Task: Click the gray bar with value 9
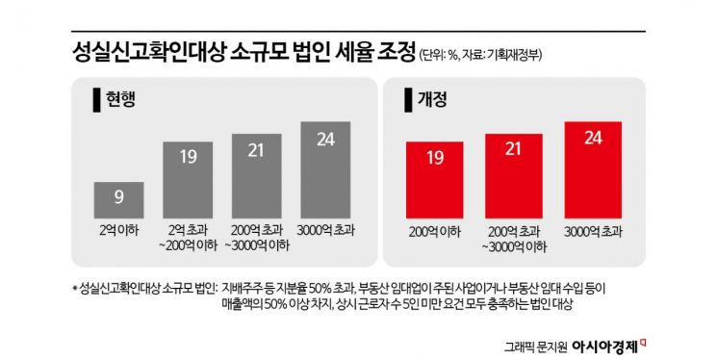(x=118, y=199)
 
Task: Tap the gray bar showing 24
(x=325, y=168)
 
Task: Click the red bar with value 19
(x=434, y=179)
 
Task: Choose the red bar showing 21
(x=513, y=174)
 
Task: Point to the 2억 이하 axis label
(x=118, y=232)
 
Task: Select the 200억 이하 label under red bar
(x=434, y=232)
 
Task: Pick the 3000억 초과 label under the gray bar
(x=325, y=232)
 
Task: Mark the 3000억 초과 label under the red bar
(x=592, y=232)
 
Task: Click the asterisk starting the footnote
(x=74, y=287)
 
